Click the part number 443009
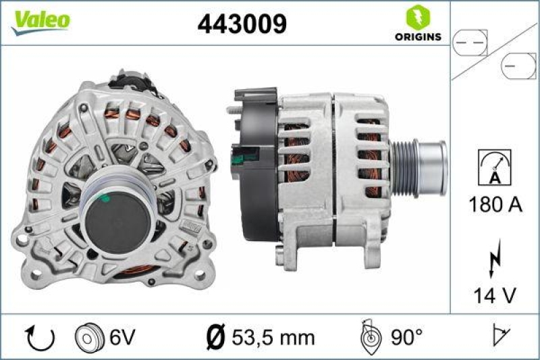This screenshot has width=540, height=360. point(242,24)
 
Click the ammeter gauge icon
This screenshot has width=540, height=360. point(495,167)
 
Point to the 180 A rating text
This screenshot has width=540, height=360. point(495,205)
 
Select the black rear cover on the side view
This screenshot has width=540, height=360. point(254,162)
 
